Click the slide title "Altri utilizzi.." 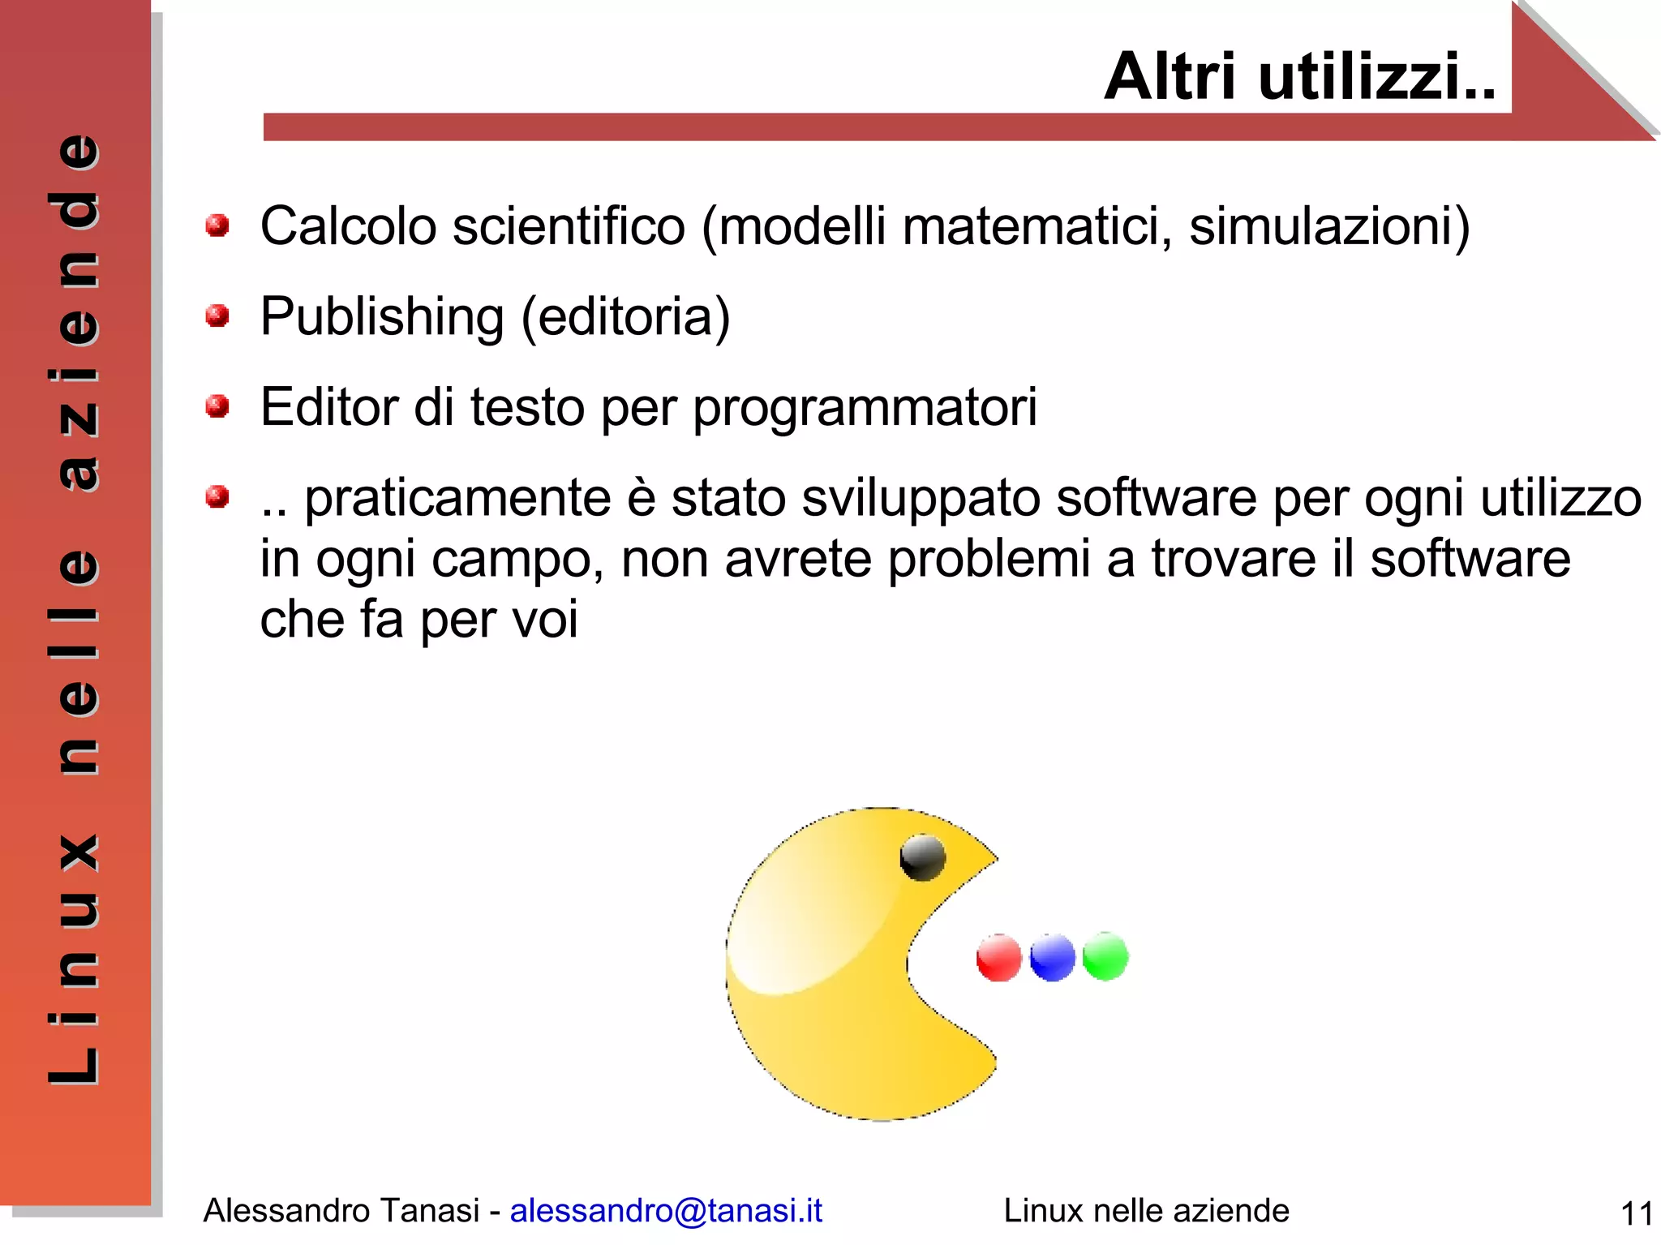(x=1299, y=77)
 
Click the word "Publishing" (x=382, y=316)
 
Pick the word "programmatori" (x=865, y=407)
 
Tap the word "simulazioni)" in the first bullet (x=1329, y=226)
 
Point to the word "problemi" (x=989, y=560)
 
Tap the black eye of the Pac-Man (x=923, y=857)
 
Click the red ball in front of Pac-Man (x=998, y=958)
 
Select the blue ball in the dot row (x=1052, y=958)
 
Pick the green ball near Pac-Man (x=1105, y=956)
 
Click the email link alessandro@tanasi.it (x=666, y=1210)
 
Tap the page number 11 (x=1636, y=1214)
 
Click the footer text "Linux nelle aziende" (x=1146, y=1210)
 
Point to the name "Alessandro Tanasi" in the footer (x=341, y=1210)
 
